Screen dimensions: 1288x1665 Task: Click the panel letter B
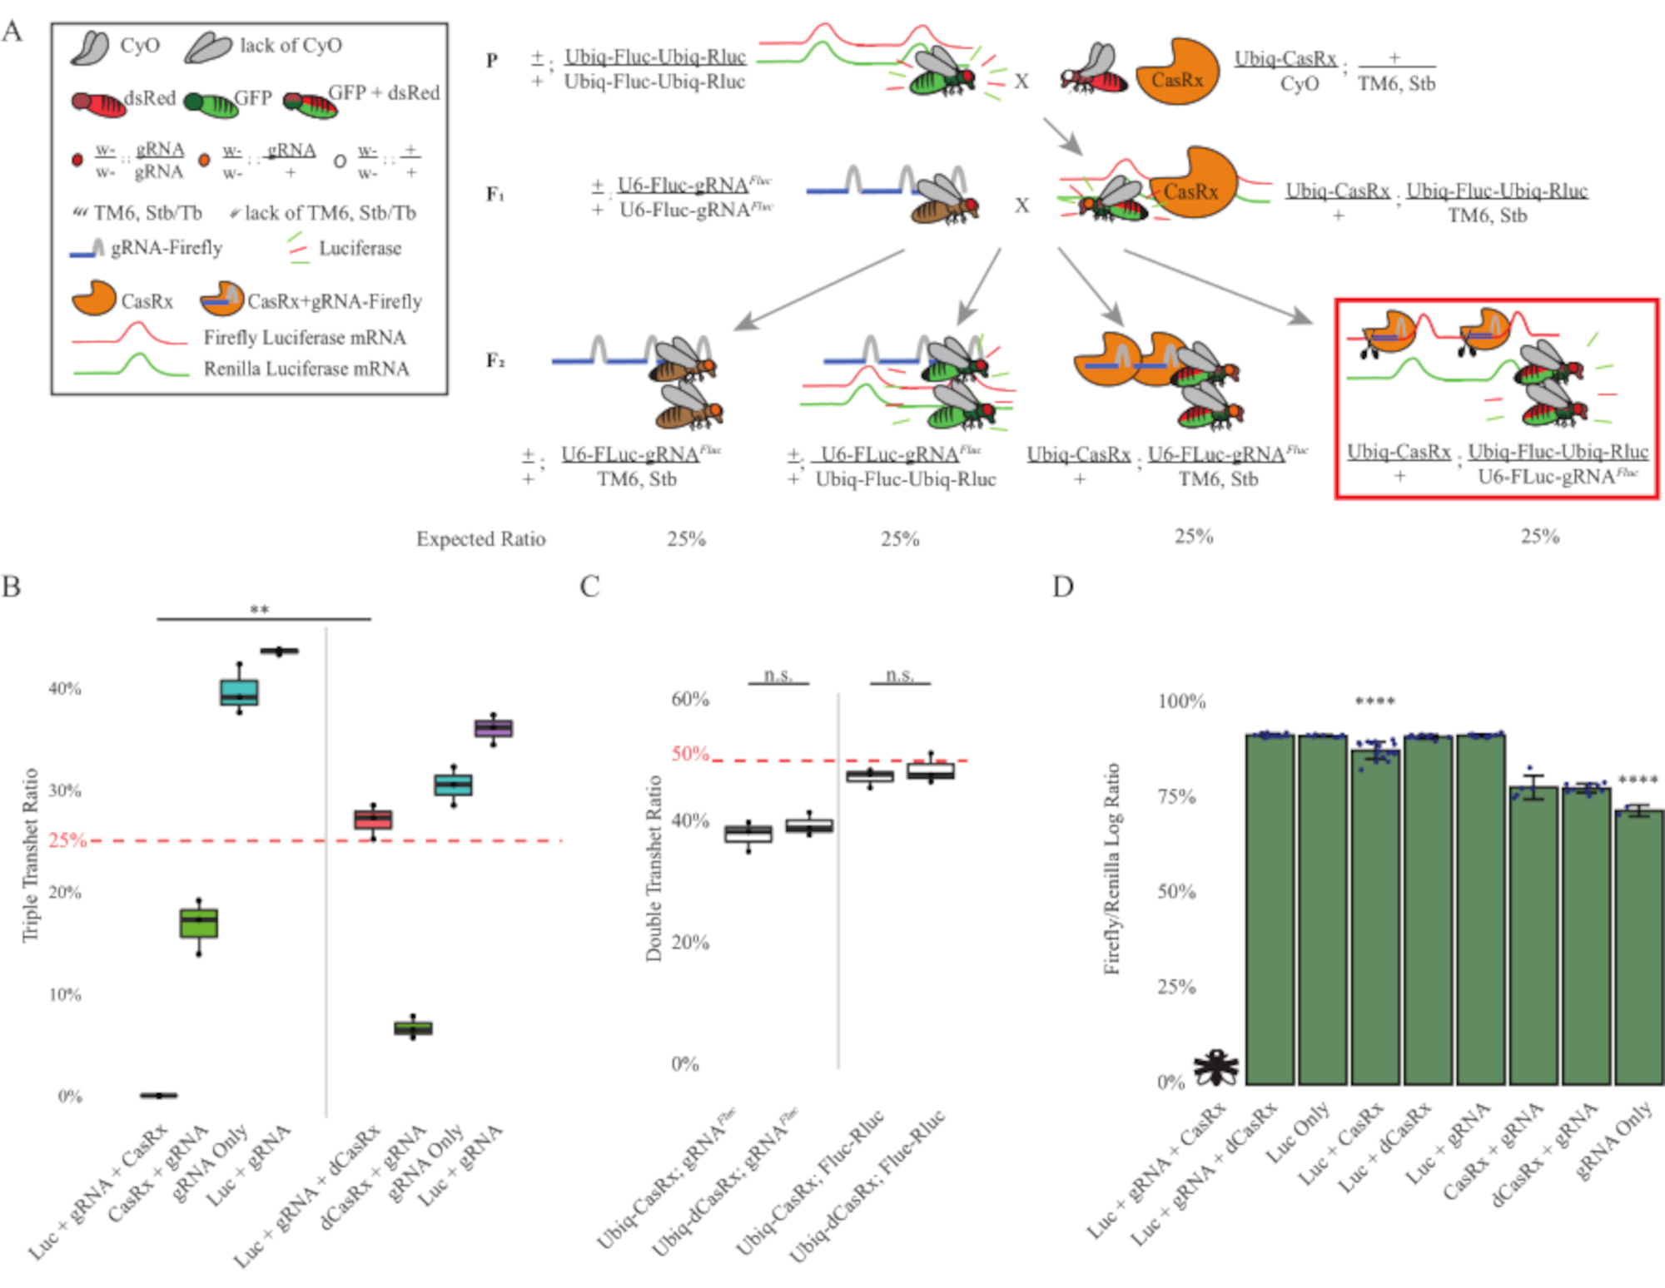[12, 586]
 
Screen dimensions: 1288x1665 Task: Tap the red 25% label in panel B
[67, 840]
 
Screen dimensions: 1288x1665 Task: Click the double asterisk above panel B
[260, 610]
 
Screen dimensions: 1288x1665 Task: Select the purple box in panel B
[494, 729]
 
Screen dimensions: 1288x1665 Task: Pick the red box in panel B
[373, 820]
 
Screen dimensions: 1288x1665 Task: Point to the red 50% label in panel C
[690, 754]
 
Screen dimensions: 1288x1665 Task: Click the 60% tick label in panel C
[690, 699]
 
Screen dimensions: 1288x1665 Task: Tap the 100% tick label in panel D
[1181, 701]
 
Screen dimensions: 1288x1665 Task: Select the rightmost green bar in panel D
[1638, 949]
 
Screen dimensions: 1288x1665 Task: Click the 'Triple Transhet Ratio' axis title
[31, 855]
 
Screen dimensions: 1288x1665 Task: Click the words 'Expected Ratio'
[480, 539]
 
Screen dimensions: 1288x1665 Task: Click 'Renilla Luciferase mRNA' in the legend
[306, 369]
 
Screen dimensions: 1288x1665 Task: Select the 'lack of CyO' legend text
[291, 45]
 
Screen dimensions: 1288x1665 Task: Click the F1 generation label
[495, 194]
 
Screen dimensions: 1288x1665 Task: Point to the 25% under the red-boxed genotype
[1539, 537]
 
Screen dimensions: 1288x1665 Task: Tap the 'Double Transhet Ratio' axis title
[654, 868]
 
